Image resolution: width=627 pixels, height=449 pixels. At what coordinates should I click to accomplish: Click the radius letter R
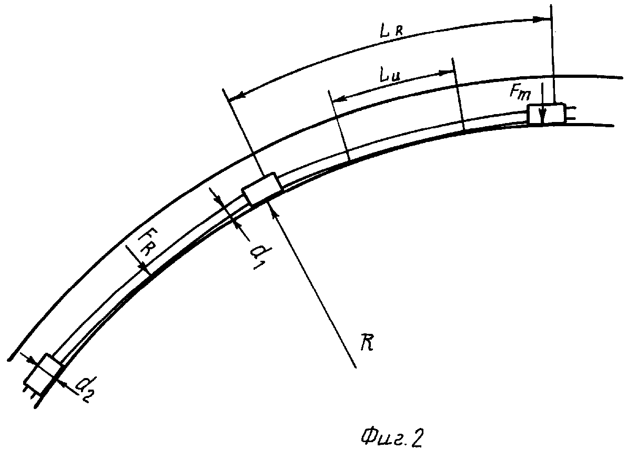367,343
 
